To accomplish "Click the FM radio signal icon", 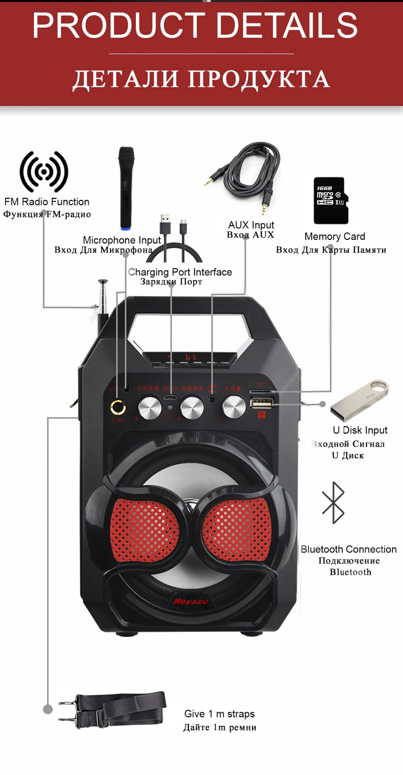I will coord(44,172).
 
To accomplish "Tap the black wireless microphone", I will coord(126,187).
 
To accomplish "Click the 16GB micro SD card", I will coord(331,201).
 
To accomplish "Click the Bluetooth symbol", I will coord(333,503).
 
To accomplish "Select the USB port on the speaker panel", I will coord(262,402).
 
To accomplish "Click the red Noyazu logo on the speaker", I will coord(191,602).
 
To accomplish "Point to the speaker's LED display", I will coord(190,357).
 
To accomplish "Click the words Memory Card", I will coord(334,236).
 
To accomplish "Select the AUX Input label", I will coord(251,225).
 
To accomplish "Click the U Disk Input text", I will coord(360,430).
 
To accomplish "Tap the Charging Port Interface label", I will coord(180,272).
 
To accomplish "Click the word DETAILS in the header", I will coord(287,25).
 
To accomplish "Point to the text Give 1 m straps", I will coord(219,714).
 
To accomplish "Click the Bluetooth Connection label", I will coord(349,549).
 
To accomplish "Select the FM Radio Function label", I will coord(47,202).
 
